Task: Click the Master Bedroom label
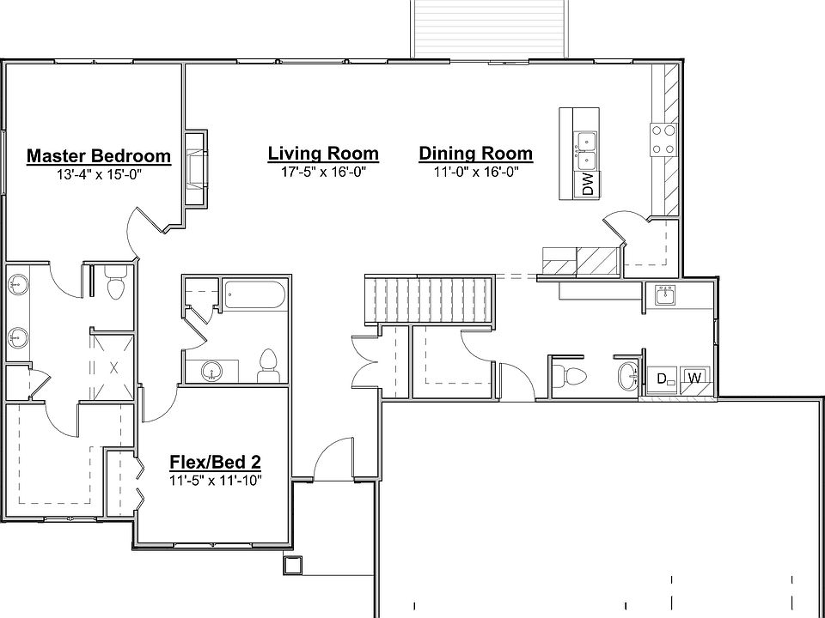pos(98,156)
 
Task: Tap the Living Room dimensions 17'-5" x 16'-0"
pos(323,172)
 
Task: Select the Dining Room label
pos(475,154)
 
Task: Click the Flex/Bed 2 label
pos(215,463)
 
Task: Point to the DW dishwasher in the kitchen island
pos(588,185)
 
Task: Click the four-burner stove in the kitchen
pos(663,139)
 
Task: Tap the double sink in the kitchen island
pos(587,150)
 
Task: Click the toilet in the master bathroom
pos(115,284)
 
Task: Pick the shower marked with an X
pos(113,366)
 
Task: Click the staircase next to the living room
pos(430,300)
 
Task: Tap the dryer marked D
pos(663,379)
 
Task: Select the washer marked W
pos(694,379)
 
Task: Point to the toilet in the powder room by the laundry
pos(571,375)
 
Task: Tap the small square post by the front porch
pos(292,565)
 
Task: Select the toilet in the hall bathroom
pos(267,364)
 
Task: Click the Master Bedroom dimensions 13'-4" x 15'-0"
pos(98,174)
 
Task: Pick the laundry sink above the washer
pos(664,296)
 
